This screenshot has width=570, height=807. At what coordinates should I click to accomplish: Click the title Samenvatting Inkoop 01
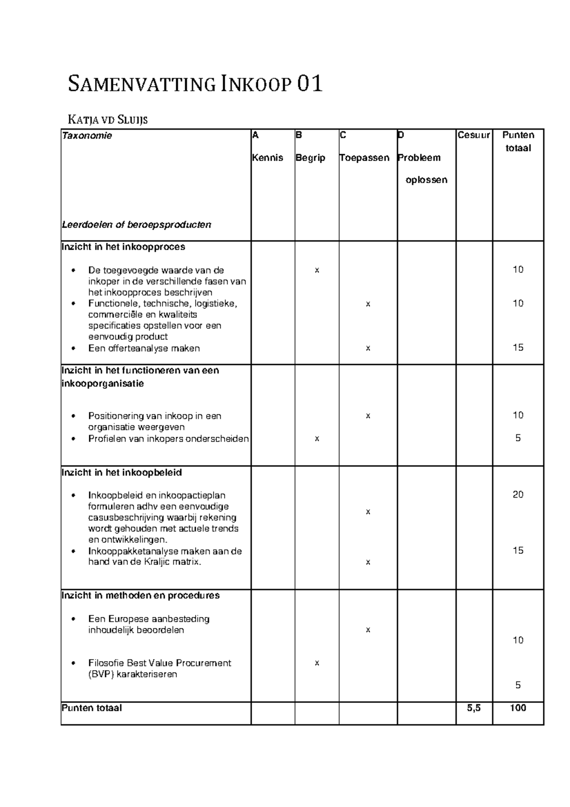click(x=195, y=85)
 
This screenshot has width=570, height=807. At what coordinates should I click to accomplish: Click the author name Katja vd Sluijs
click(x=108, y=119)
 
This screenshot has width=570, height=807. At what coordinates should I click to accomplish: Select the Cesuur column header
click(x=474, y=135)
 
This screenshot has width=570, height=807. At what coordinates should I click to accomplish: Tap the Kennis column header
click(x=267, y=158)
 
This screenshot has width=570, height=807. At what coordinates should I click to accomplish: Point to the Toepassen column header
click(x=364, y=158)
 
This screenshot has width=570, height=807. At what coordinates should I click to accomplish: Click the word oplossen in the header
click(x=426, y=180)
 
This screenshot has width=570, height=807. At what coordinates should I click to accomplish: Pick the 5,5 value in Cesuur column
click(x=474, y=708)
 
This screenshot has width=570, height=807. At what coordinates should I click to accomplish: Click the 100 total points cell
click(x=518, y=708)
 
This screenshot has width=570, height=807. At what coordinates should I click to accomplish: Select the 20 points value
click(x=518, y=495)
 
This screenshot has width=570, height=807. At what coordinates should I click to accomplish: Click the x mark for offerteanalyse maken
click(x=368, y=348)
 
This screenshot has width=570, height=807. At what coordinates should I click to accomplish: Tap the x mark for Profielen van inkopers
click(x=317, y=439)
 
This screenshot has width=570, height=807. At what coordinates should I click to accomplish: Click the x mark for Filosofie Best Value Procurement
click(x=317, y=663)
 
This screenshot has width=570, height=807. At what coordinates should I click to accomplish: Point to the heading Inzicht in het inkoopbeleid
click(x=122, y=473)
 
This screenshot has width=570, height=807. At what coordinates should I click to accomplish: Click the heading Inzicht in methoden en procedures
click(x=141, y=596)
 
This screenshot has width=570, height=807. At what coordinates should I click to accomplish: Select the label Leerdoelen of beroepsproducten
click(x=136, y=225)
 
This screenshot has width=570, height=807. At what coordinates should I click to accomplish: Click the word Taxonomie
click(x=87, y=136)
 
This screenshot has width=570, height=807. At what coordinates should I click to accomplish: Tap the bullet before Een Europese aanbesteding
click(x=73, y=619)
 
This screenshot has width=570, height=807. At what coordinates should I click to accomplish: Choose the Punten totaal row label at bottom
click(x=92, y=708)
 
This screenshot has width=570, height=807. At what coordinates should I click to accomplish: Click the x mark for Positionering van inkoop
click(x=368, y=416)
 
